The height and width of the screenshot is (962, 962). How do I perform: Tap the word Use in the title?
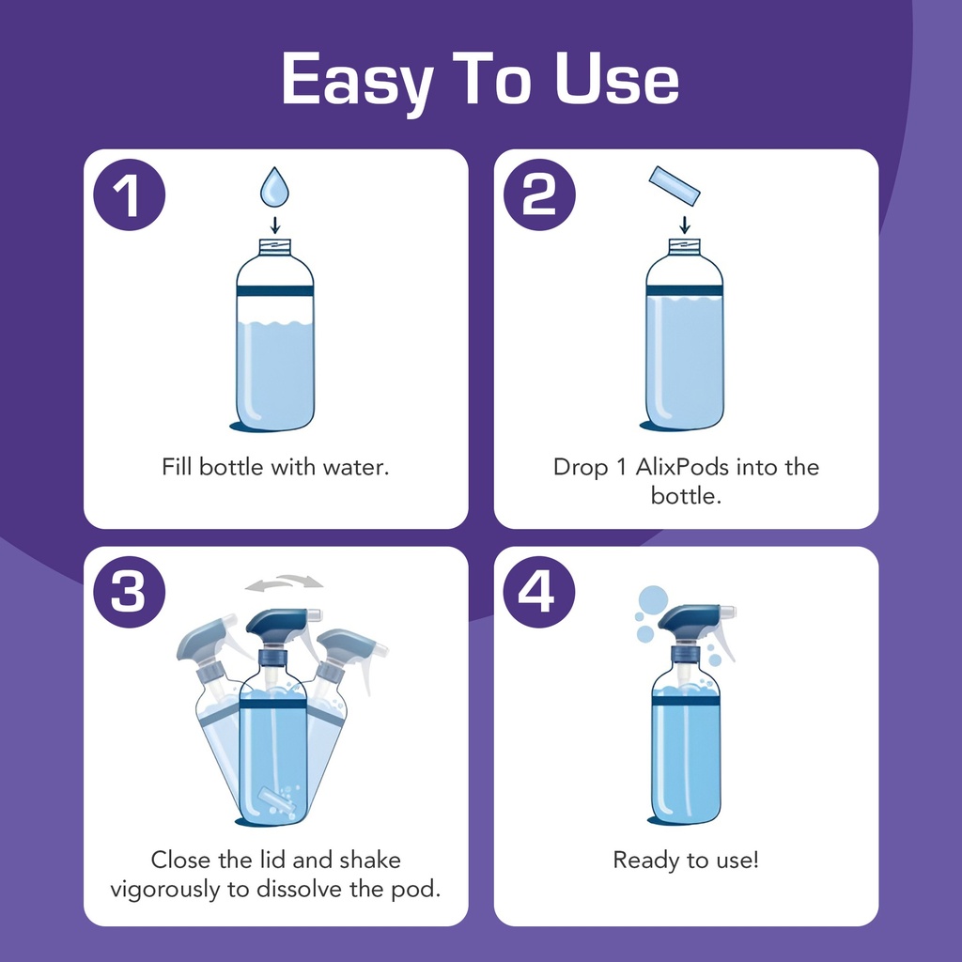coord(617,79)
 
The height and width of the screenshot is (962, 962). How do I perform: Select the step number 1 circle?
coord(130,194)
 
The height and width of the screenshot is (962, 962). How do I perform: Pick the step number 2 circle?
coord(539,194)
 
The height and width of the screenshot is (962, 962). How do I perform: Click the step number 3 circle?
coord(130,592)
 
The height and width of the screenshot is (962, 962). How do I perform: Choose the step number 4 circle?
coord(539,592)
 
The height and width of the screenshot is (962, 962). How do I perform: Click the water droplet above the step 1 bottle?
coord(274,188)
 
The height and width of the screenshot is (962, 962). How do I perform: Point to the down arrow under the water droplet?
coord(275,225)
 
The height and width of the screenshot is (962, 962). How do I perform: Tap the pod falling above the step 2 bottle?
coord(675,186)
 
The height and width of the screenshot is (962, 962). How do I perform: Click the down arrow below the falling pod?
coord(685,225)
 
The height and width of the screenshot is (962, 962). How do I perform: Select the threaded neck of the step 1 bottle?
coord(275,247)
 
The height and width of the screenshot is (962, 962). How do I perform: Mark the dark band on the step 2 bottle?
coord(684,290)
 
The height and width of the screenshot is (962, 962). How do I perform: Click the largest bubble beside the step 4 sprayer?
coord(653,600)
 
